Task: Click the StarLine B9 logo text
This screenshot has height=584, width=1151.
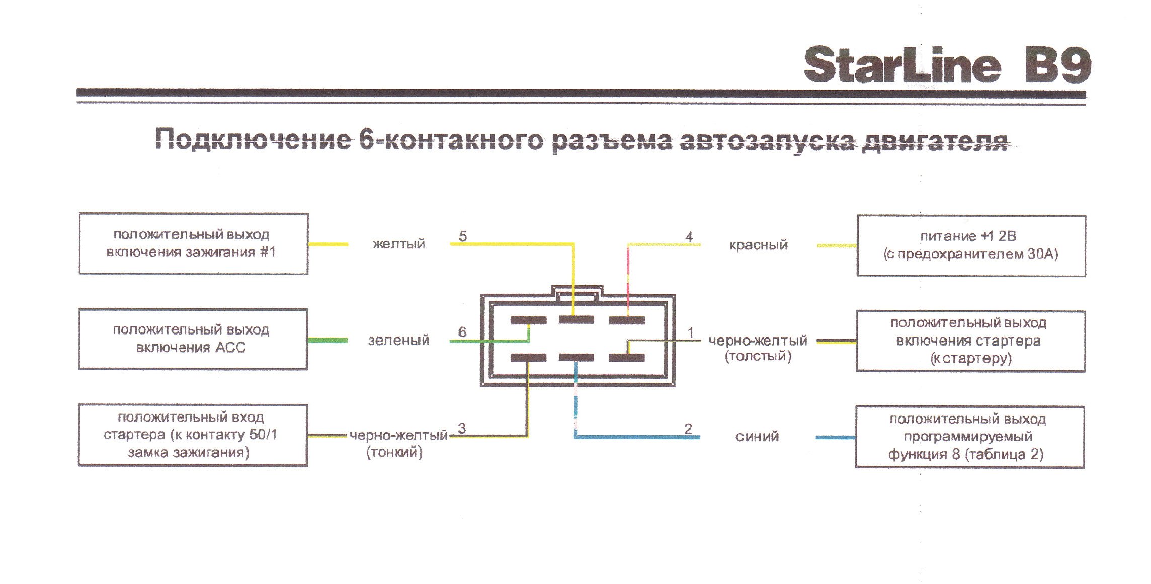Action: [947, 65]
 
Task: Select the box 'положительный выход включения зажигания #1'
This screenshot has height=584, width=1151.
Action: [194, 244]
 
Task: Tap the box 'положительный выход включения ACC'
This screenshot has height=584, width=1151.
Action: [193, 340]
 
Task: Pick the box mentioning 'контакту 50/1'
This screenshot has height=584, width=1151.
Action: [193, 436]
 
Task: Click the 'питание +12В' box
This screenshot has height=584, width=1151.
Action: [971, 246]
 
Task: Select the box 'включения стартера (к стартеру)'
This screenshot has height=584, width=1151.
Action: [970, 341]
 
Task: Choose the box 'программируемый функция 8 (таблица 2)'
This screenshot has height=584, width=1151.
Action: [970, 437]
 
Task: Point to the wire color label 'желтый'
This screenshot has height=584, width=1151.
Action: [399, 244]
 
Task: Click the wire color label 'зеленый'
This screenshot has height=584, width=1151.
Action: [398, 341]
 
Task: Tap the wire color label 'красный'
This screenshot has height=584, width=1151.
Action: [758, 245]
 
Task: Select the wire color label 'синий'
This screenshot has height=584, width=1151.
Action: [757, 437]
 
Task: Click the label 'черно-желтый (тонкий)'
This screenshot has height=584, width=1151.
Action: [398, 444]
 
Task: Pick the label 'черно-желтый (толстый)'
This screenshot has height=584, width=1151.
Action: [758, 348]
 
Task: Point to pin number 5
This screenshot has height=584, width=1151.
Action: [463, 236]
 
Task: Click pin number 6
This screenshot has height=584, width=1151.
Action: [462, 332]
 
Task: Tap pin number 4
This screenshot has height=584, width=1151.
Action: [689, 236]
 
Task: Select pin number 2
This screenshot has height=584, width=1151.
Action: [688, 429]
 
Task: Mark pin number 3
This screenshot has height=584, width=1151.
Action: [462, 428]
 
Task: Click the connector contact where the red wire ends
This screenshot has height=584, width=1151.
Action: [627, 320]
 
